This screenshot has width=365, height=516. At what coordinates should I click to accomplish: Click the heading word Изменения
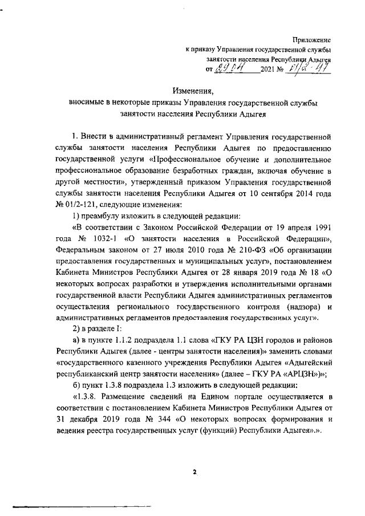[193, 91]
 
